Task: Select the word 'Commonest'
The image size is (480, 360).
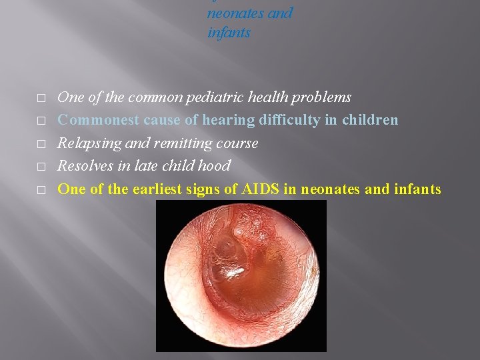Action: pos(99,120)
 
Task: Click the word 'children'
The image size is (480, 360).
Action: pos(370,120)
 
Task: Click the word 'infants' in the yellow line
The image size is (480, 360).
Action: pos(417,189)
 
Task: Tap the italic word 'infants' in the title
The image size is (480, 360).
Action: pos(229,33)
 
